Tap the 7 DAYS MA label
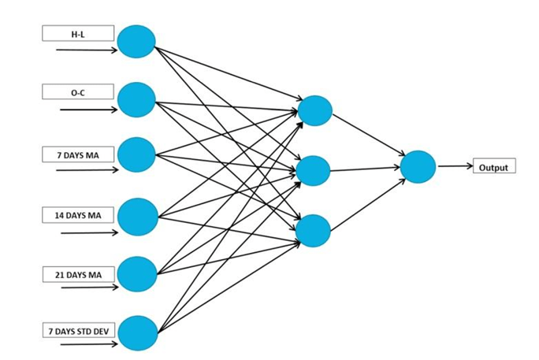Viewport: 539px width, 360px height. pos(78,153)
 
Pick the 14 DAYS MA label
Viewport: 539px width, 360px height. pos(78,214)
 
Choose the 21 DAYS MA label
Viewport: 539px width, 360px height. pos(78,273)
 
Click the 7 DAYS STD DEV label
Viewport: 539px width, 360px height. pos(78,331)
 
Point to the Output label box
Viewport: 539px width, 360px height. pos(494,167)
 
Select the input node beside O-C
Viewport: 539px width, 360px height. pos(136,99)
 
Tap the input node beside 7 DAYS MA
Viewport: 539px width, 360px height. pos(136,155)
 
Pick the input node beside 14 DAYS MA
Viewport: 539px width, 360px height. pos(138,217)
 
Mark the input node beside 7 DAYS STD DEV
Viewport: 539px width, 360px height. pos(138,333)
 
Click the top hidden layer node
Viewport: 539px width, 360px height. pos(315,110)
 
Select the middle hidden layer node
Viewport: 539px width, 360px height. pos(314,171)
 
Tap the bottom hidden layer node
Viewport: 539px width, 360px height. pos(314,229)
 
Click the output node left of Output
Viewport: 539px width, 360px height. pos(418,167)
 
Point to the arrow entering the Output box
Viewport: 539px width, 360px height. pos(455,166)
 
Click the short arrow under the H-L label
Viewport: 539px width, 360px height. pos(87,50)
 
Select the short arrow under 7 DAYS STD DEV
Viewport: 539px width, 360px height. pos(89,345)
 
